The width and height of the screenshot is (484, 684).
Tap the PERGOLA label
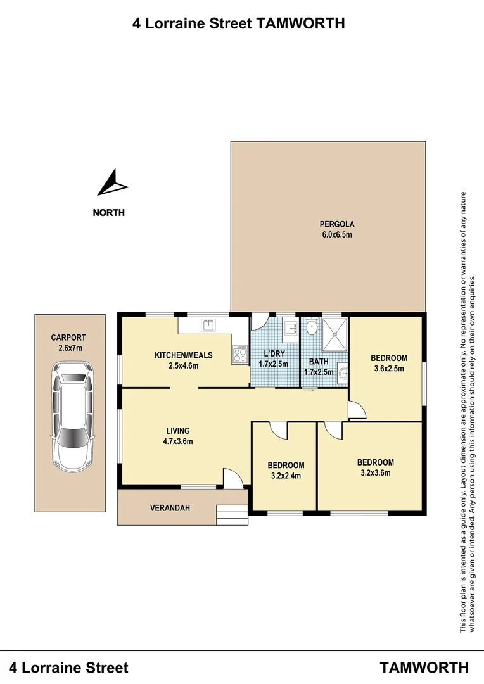pos(336,224)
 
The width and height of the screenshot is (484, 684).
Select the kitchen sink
pos(208,326)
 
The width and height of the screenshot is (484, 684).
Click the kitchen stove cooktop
pos(240,354)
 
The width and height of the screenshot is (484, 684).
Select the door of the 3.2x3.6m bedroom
pos(333,431)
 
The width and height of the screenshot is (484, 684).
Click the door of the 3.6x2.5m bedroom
pos(357,410)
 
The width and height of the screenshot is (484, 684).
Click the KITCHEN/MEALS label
pos(184,355)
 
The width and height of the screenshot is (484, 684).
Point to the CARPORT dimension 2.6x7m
pos(68,348)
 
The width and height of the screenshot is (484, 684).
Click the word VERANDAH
pos(170,508)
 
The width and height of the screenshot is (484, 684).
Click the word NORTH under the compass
pos(109,213)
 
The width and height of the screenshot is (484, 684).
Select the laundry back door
pos(259,322)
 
